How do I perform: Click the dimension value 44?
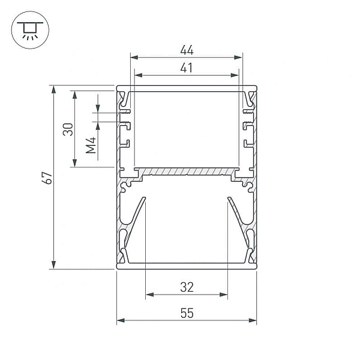pos(187,50)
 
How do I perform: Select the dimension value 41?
pos(186,68)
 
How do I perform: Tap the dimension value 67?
pos(47,178)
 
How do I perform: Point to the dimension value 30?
pos(68,129)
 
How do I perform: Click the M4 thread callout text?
pos(91,145)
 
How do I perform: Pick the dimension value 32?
pos(187,287)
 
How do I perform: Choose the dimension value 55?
pos(187,313)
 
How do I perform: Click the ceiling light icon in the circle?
pos(30,30)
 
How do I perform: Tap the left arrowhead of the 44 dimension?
pos(134,58)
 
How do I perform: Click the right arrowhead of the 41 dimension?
pos(235,75)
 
